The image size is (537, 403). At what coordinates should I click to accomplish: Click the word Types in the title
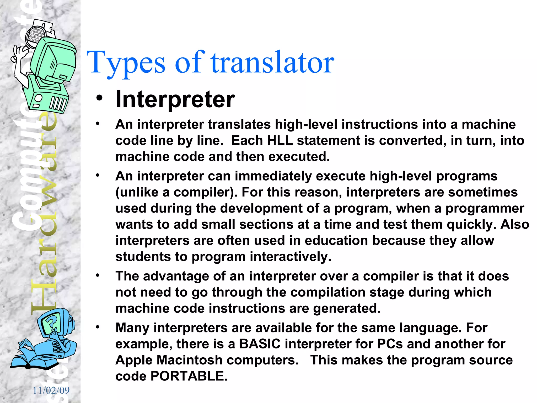click(x=126, y=63)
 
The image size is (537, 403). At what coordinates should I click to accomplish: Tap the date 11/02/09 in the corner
click(x=51, y=390)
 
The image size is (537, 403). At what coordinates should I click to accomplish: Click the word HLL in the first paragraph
click(x=280, y=141)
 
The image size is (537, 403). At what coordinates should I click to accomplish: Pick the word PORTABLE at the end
click(x=189, y=376)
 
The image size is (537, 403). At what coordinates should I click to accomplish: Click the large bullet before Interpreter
click(x=99, y=98)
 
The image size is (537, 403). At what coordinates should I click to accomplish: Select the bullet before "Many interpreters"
click(x=98, y=327)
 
